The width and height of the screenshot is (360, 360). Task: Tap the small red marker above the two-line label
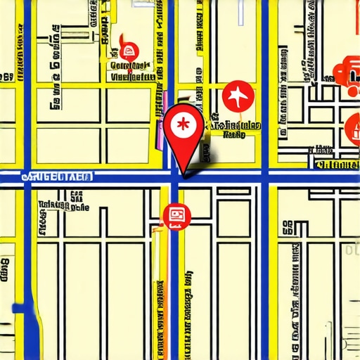pyautogui.click(x=129, y=51)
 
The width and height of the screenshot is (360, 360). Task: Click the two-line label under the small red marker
pyautogui.click(x=131, y=71)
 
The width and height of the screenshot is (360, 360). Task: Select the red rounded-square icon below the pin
pyautogui.click(x=175, y=215)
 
